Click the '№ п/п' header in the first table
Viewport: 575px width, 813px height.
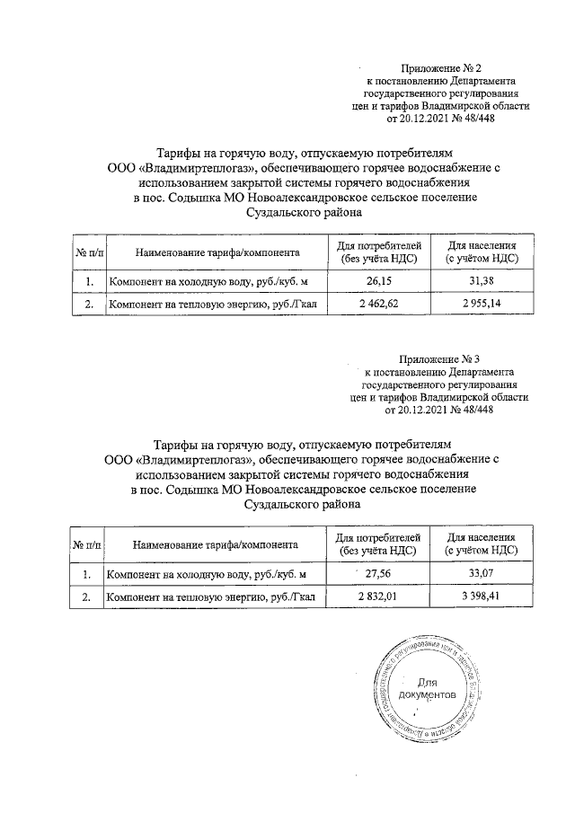click(x=89, y=252)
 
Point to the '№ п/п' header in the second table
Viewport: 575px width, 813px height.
click(x=87, y=543)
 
